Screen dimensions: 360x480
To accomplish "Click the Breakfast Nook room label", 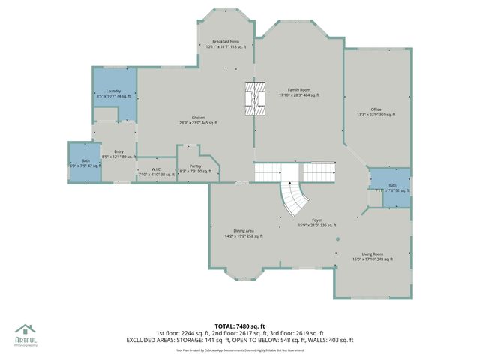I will pos(226,41).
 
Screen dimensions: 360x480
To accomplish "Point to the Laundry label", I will pos(114,90).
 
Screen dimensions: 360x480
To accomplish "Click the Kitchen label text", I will pos(198,117).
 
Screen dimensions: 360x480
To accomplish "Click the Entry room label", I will pos(118,151).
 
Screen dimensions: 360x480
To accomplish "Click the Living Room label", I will pos(373,254).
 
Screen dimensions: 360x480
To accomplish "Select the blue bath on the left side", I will pos(84,162).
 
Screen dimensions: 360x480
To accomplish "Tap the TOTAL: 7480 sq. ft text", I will pos(240,325).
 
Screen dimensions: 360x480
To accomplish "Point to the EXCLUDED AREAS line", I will pos(239,340).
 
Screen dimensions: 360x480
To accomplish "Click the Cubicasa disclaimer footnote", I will pos(240,350).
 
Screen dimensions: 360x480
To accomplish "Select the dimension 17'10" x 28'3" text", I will pos(299,95).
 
